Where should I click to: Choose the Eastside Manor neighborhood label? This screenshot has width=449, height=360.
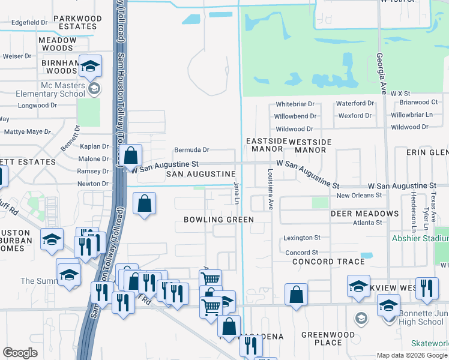(x=264, y=144)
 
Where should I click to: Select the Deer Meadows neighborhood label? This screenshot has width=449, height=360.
(x=364, y=214)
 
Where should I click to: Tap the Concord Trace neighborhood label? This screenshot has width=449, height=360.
(x=328, y=262)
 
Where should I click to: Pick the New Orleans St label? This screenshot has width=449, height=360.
(x=359, y=196)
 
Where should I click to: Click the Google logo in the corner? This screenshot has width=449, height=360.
(x=20, y=353)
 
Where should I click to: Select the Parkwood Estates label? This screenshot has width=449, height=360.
(x=77, y=23)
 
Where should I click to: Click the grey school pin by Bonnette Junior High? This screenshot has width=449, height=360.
(x=361, y=317)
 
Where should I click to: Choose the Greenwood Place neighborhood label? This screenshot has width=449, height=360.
(x=330, y=338)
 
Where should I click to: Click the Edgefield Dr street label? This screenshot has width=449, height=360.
(x=29, y=22)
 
